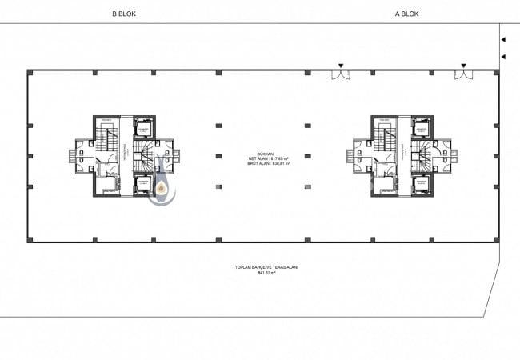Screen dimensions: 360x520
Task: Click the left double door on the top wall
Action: (x=342, y=75)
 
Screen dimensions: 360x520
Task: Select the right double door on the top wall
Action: (x=463, y=75)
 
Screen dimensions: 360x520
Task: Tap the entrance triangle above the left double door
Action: (x=342, y=66)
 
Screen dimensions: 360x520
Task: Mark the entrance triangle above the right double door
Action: (x=463, y=66)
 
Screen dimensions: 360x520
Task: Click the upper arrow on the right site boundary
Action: (x=502, y=39)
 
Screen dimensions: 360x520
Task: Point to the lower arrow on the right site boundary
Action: (x=502, y=56)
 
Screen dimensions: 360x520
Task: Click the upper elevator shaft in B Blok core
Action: (x=145, y=128)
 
